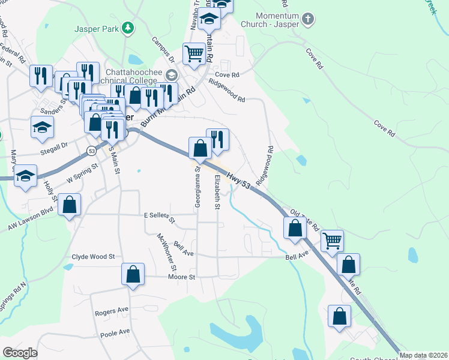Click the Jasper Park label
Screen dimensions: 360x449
click(x=97, y=28)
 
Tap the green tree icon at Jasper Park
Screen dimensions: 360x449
click(x=127, y=28)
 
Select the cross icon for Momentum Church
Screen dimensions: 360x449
click(x=309, y=18)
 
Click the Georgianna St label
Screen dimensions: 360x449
click(x=197, y=187)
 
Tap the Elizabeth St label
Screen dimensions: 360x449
click(x=218, y=192)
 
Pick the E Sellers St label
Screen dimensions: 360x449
click(x=158, y=217)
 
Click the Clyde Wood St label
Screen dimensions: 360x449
click(x=93, y=256)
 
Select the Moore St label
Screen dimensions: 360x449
click(x=182, y=277)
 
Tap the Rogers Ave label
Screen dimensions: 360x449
click(x=112, y=311)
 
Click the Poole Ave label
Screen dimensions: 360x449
click(x=115, y=334)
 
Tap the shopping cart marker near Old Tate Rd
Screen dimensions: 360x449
click(x=332, y=241)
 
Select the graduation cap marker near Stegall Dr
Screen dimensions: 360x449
click(x=42, y=127)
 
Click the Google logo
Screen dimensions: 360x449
click(x=20, y=352)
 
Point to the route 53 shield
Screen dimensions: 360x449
click(x=91, y=149)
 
